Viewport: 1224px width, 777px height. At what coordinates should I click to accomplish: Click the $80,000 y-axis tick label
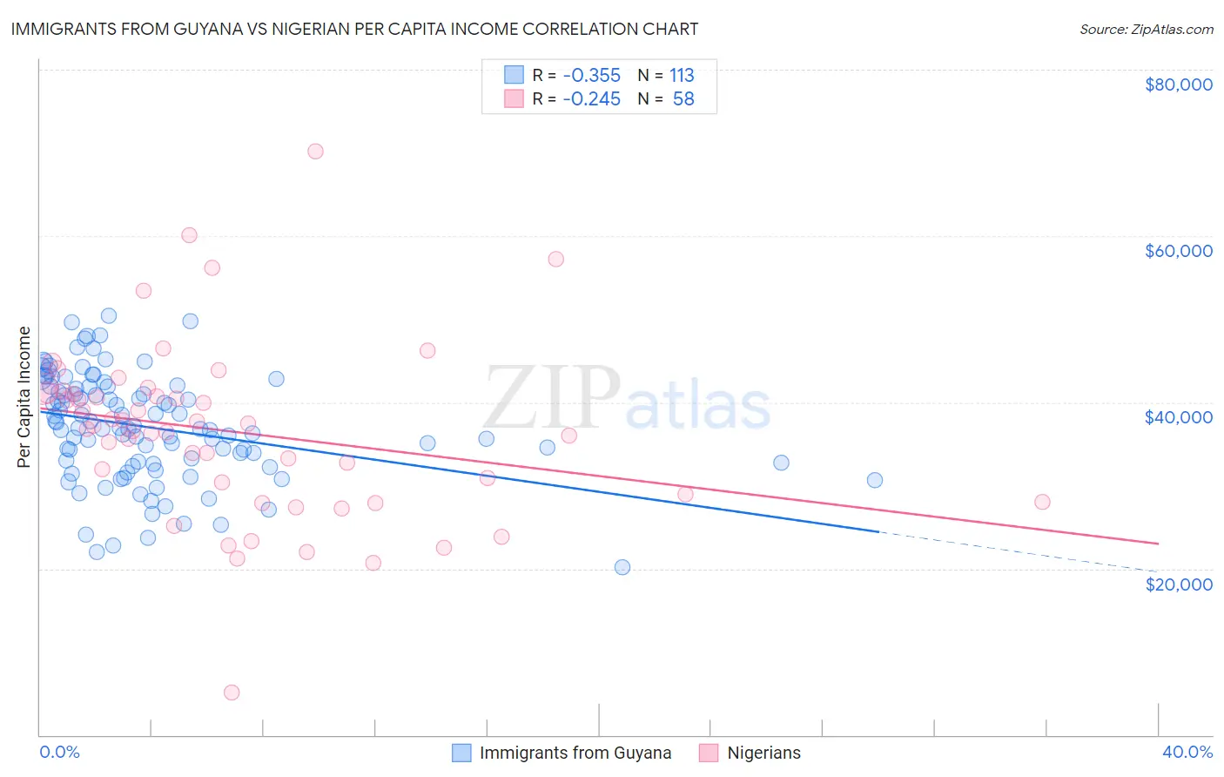point(1178,84)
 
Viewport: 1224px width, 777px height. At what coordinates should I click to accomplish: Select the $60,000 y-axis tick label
point(1178,251)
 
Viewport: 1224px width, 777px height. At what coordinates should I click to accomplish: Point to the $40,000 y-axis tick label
point(1178,417)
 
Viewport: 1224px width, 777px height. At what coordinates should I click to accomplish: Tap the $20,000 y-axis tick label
point(1178,584)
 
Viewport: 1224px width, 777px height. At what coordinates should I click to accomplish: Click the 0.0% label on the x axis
point(59,752)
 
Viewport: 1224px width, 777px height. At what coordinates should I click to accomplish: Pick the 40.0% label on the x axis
point(1187,752)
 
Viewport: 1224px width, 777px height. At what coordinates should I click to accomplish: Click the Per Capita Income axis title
point(24,396)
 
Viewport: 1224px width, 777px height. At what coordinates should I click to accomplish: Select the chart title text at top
point(354,29)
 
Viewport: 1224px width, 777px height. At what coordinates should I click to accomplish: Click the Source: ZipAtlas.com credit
point(1146,30)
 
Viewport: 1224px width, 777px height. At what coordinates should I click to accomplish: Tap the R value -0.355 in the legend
point(591,76)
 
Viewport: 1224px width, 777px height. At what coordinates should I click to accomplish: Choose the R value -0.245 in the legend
point(591,99)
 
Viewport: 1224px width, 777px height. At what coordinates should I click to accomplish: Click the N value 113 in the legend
point(682,76)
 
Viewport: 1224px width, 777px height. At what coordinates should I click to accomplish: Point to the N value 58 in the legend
point(683,99)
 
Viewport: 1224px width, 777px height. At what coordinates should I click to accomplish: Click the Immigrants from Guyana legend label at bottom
point(575,753)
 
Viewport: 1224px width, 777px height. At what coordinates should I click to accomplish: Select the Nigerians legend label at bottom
point(763,753)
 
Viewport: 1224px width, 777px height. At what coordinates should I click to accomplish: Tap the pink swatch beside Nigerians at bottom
point(709,753)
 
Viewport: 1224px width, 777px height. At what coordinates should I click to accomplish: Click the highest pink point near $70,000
point(315,152)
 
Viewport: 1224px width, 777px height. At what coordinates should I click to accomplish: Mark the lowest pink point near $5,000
point(232,693)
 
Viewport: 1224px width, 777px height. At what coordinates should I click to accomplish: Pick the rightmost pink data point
point(1042,502)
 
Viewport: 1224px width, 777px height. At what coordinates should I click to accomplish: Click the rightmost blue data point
point(875,480)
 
